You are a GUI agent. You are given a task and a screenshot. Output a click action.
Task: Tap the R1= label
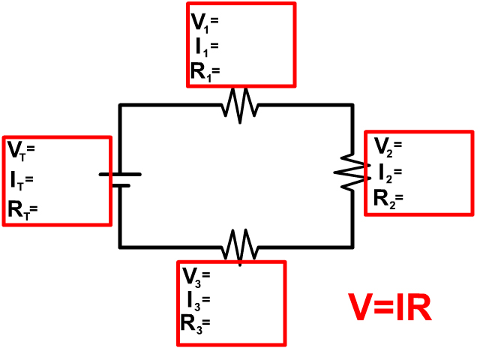tap(205, 72)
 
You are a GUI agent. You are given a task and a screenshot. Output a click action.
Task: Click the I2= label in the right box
tap(390, 173)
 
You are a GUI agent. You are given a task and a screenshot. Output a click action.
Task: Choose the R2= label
tap(388, 199)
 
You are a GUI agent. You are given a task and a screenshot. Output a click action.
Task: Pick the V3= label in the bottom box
tap(196, 275)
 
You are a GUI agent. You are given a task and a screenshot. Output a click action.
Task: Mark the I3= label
tap(198, 300)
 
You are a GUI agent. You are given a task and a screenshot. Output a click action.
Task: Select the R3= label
tap(195, 324)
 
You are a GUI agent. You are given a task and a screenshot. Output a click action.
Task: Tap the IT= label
tap(22, 180)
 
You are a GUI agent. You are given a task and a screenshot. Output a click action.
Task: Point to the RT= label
tap(22, 210)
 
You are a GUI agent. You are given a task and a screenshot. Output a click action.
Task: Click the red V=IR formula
tap(391, 308)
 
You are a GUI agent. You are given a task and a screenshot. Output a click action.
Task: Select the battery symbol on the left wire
tap(120, 178)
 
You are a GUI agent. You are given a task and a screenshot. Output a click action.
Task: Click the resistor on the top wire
tap(240, 106)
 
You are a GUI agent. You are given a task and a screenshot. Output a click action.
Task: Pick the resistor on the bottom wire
tap(240, 245)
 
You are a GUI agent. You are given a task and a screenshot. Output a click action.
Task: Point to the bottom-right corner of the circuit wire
tap(352, 246)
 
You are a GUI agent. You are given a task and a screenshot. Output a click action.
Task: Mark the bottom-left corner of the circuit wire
tap(120, 246)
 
